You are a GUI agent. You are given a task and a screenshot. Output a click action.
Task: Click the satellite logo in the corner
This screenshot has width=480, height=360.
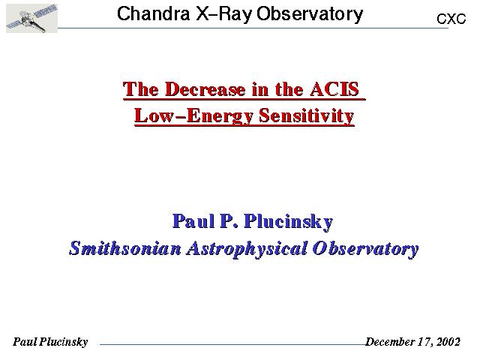pos(31,18)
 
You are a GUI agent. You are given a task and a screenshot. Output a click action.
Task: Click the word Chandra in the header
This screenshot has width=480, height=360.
pos(153,13)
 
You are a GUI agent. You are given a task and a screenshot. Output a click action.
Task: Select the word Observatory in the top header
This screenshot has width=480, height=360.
pos(310,14)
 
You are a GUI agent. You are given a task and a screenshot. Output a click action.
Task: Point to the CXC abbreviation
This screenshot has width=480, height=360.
pos(451,19)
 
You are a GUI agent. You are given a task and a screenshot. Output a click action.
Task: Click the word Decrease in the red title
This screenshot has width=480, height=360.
pos(205,89)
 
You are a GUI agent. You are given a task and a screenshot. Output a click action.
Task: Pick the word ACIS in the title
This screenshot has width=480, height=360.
pos(334,89)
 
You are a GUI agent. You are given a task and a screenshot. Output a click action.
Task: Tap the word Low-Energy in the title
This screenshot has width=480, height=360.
pos(193,116)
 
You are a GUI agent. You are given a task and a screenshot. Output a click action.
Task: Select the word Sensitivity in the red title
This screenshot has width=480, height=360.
pos(307,116)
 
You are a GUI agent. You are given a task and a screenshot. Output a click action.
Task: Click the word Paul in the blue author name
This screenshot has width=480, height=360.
pos(193,220)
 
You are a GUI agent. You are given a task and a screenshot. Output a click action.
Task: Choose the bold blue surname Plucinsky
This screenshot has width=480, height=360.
pos(288,222)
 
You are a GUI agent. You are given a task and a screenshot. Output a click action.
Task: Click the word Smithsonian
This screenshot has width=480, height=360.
pos(125,248)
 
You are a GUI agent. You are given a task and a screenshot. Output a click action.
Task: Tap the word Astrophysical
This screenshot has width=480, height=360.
pos(247,249)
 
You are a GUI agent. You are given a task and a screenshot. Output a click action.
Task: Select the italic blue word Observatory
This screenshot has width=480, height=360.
pos(365,249)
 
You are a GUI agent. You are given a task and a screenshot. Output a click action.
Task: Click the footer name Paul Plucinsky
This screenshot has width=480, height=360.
pos(50,342)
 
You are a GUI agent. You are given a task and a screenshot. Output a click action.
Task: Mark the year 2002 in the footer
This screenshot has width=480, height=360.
pos(448,341)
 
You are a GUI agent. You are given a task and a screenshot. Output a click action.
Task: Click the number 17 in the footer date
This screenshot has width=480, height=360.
pos(425,341)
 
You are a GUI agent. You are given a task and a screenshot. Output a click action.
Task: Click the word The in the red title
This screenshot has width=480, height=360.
pos(141,89)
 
